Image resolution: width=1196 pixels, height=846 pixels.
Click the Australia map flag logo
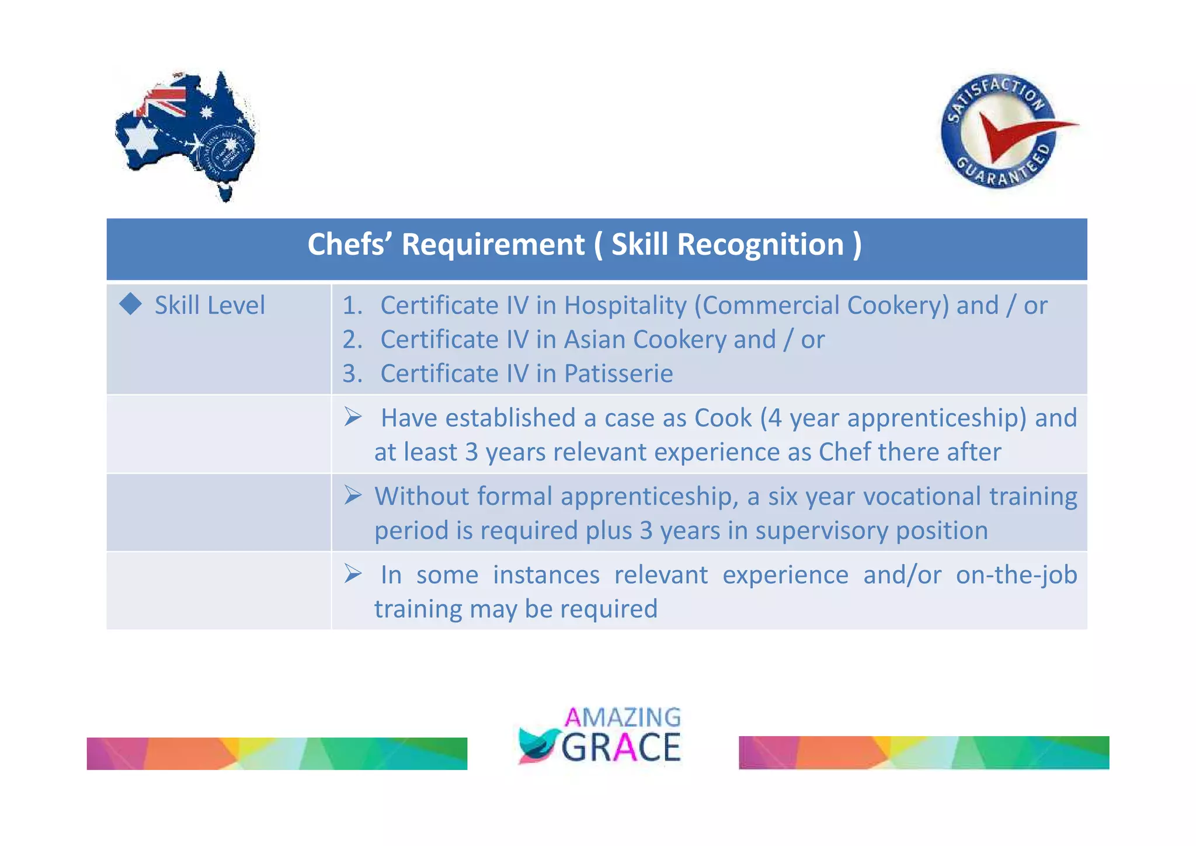pos(186,136)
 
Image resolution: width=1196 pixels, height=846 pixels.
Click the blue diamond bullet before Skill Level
pos(130,304)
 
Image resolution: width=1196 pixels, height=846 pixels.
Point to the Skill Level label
pos(210,305)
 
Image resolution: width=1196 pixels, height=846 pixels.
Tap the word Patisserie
pos(618,373)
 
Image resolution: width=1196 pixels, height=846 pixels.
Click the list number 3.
pos(352,373)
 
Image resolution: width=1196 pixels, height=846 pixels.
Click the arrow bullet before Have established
pos(353,417)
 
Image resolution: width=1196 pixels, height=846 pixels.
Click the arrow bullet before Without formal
pos(353,495)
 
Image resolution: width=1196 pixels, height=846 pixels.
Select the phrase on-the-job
pos(1016,575)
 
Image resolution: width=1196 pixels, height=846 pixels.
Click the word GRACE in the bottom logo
pos(621,747)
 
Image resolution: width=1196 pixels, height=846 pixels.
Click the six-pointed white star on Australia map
pos(141,138)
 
